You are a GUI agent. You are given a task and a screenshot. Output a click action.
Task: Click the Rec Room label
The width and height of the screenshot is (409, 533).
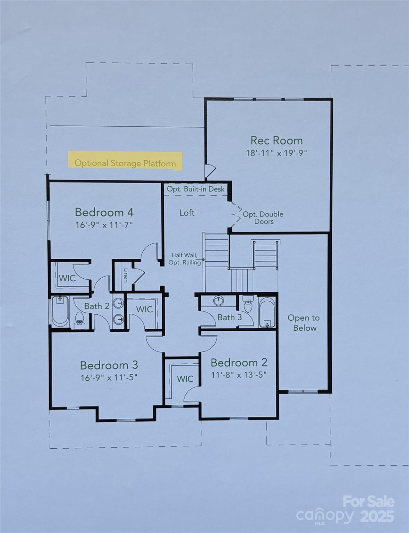point(276,141)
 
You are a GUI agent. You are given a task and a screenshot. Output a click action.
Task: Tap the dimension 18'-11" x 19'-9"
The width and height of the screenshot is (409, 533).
point(276,153)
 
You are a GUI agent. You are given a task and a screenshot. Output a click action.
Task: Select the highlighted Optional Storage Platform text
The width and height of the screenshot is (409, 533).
point(125,163)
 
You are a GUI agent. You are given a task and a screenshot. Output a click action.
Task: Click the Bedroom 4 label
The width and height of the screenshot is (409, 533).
point(104,212)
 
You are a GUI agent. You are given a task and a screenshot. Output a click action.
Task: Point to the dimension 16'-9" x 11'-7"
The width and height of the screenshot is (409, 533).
point(104,225)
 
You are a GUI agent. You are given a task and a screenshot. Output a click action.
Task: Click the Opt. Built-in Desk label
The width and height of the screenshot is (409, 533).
point(196,189)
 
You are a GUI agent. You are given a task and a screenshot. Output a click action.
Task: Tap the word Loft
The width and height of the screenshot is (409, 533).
point(187,213)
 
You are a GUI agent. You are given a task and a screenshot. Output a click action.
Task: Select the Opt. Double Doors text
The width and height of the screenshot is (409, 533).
point(263,218)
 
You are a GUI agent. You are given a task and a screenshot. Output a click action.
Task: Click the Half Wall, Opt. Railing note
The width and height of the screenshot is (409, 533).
point(185,259)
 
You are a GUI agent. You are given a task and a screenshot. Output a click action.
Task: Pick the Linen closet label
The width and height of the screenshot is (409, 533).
point(126,275)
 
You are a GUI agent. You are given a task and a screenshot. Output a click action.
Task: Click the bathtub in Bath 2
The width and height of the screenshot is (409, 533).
point(60,311)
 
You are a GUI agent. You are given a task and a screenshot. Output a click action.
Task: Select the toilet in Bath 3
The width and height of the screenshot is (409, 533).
point(248,304)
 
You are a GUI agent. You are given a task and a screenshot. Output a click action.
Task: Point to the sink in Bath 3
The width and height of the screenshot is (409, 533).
point(219,301)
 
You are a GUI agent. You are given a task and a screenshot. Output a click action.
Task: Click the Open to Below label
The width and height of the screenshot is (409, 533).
point(304,323)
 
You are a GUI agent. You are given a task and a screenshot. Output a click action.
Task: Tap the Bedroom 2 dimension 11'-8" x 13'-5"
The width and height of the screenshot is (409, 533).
point(239,375)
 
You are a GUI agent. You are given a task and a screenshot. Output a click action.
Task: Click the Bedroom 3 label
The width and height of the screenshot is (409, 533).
point(109,365)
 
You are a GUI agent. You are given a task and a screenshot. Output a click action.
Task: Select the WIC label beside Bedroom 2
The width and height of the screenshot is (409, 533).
point(185,379)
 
